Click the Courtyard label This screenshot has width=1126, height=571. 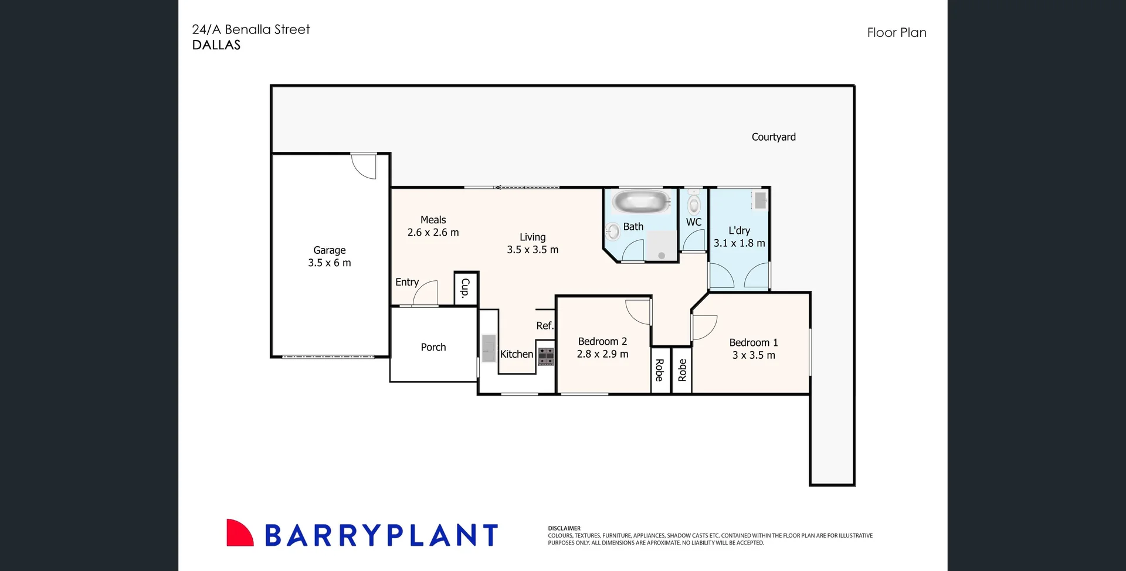pyautogui.click(x=774, y=137)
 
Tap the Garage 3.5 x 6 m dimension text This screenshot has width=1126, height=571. pyautogui.click(x=330, y=263)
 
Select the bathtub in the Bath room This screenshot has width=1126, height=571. pyautogui.click(x=640, y=202)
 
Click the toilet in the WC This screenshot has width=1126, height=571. pyautogui.click(x=694, y=203)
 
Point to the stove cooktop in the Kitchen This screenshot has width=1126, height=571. pyautogui.click(x=546, y=356)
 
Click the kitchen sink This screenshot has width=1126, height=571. pyautogui.click(x=489, y=348)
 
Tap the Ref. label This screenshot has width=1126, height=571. pyautogui.click(x=545, y=326)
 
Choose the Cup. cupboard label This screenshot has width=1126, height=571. pyautogui.click(x=466, y=288)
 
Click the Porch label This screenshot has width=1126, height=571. pyautogui.click(x=433, y=348)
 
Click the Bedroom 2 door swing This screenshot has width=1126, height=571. pyautogui.click(x=639, y=311)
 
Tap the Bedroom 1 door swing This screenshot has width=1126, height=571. pyautogui.click(x=704, y=327)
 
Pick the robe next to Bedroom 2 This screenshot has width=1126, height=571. pyautogui.click(x=660, y=371)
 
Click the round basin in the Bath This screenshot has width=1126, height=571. pyautogui.click(x=613, y=231)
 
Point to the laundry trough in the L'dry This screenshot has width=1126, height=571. pyautogui.click(x=760, y=200)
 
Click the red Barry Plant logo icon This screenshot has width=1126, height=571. pyautogui.click(x=239, y=533)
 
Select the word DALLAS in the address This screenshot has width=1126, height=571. pyautogui.click(x=216, y=45)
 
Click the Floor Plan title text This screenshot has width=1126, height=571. pyautogui.click(x=897, y=33)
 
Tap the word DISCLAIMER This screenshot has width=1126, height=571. pyautogui.click(x=564, y=528)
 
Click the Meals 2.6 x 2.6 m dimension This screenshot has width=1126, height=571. pyautogui.click(x=433, y=233)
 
